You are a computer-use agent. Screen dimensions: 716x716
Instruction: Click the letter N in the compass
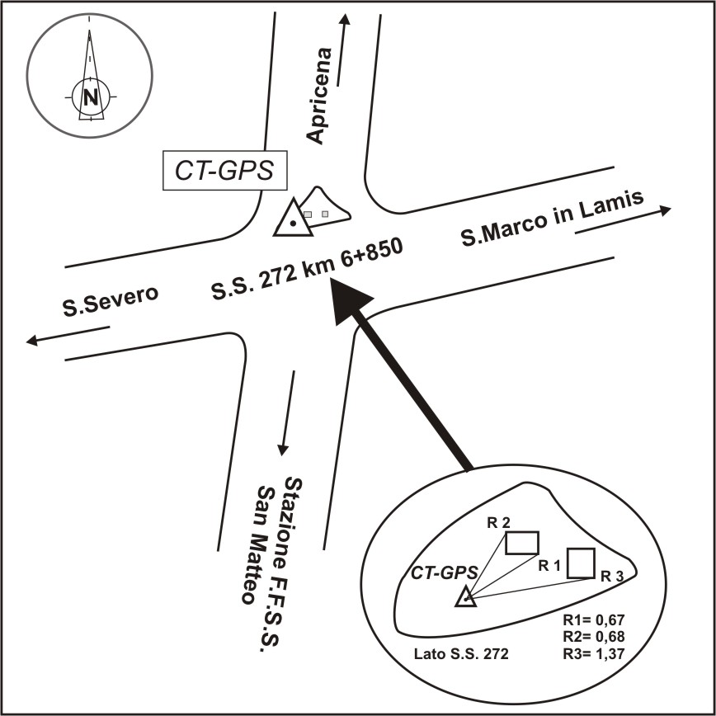[x=90, y=97]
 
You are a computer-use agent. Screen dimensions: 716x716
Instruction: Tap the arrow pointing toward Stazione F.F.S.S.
[x=288, y=412]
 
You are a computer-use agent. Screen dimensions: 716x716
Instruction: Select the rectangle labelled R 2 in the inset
[x=521, y=542]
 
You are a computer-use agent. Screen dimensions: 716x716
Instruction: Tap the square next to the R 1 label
[x=581, y=562]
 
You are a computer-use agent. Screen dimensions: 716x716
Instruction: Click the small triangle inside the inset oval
[x=466, y=596]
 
